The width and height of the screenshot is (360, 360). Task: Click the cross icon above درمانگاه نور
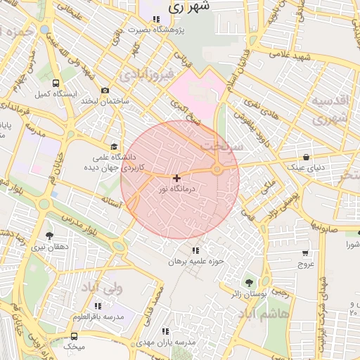coord(176,179)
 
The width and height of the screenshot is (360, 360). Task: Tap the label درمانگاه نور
coord(172,189)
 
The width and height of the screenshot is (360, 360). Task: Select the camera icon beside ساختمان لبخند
coord(105,91)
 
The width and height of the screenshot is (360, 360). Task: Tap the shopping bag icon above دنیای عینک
coord(306,157)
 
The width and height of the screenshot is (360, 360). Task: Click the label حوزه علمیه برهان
coord(195,261)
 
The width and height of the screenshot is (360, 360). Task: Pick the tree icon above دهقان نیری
coord(49,236)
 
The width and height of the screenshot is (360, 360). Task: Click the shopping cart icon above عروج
coord(306,253)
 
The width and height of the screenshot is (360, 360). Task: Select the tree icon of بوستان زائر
coord(249,283)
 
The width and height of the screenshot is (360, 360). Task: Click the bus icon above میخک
coord(75,337)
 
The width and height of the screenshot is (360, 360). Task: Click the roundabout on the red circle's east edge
coord(218,169)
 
